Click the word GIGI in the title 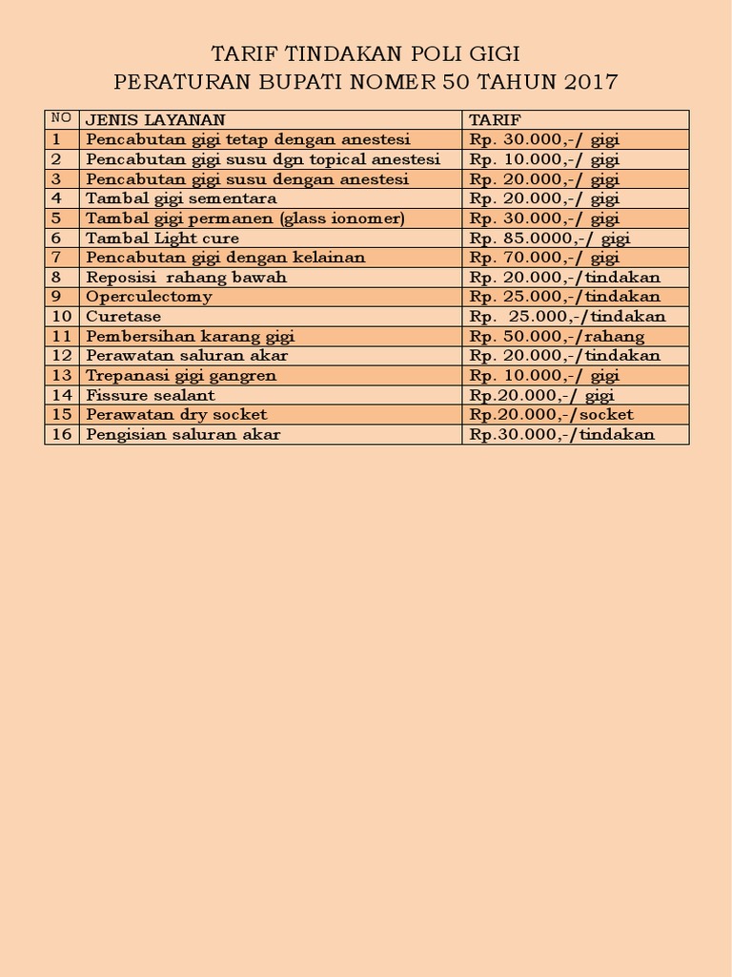coord(492,52)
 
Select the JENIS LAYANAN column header coord(155,119)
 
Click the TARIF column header coord(494,119)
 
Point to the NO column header coord(61,118)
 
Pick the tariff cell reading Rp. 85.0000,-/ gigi coord(550,238)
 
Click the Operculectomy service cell coord(149,297)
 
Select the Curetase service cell coord(124,316)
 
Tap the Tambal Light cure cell coord(162,238)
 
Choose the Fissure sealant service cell coord(151,395)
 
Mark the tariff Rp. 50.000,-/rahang coord(557,336)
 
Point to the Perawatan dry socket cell coord(176,414)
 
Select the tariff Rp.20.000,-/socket coord(552,414)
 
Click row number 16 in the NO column coord(62,434)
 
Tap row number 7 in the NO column coord(57,258)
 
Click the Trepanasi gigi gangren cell coord(181,375)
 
